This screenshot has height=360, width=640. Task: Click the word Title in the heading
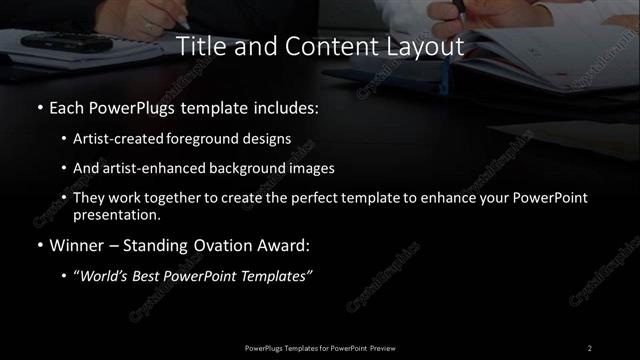[200, 46]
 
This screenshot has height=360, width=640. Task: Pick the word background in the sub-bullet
[248, 168]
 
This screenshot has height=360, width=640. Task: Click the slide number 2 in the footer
[590, 347]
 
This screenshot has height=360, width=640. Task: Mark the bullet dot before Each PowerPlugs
[38, 106]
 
